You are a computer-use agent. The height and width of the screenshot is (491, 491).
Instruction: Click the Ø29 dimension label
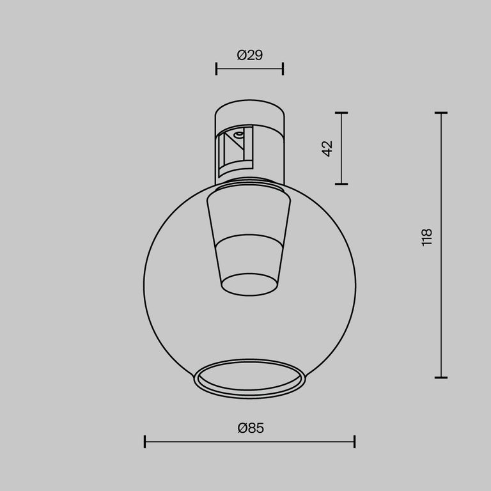point(249,56)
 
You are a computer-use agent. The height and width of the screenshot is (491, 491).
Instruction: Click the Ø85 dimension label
point(250,428)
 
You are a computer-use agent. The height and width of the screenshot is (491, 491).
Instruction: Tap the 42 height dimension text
point(327,148)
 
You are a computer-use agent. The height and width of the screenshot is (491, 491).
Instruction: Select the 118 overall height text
point(427,237)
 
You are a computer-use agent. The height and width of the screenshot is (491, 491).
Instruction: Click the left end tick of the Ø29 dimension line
point(217,69)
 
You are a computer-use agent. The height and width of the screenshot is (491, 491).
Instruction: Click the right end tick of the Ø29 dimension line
point(283,69)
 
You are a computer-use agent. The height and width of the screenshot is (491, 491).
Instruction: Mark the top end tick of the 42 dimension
point(341,113)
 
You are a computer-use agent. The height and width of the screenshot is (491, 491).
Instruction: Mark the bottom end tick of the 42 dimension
point(341,184)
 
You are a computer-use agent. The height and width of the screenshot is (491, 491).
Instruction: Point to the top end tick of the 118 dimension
point(440,113)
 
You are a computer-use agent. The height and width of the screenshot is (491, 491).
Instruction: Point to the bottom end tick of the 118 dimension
point(440,378)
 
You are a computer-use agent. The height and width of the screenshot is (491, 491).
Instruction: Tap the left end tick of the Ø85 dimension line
point(145,441)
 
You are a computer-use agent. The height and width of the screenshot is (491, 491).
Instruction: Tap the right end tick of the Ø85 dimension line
point(354,441)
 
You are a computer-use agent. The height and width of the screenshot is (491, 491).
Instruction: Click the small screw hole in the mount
point(238,135)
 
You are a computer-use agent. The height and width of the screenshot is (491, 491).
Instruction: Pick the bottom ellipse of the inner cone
point(249,284)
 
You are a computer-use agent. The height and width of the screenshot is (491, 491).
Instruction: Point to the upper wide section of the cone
point(249,214)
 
